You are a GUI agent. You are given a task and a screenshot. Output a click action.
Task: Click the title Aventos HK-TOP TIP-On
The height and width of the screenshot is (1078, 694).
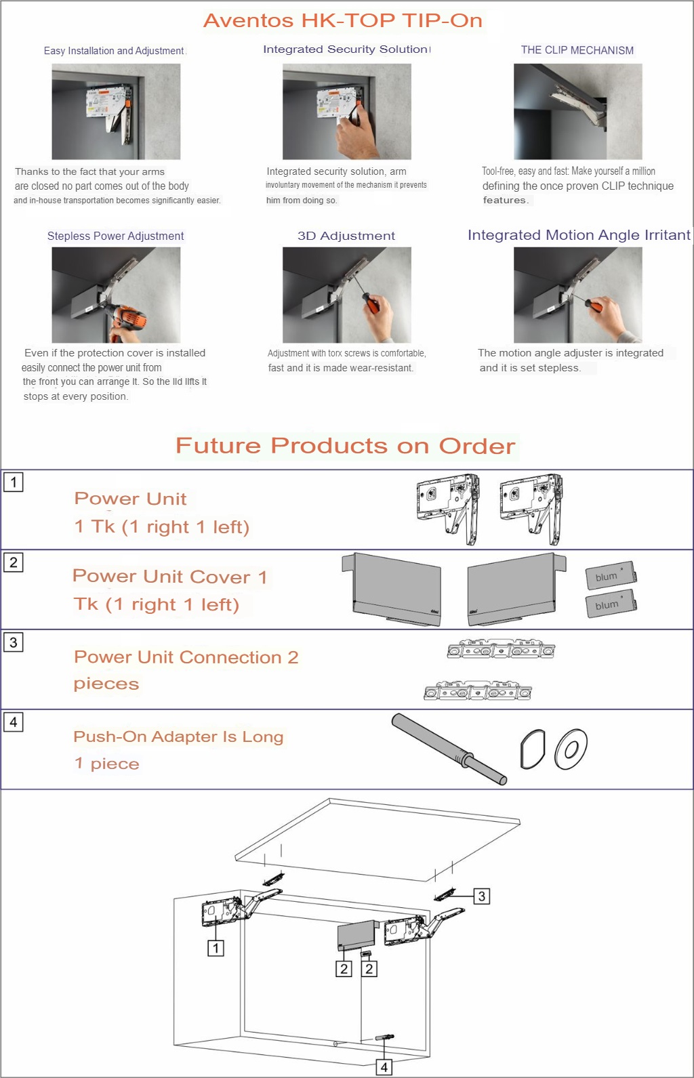point(343,21)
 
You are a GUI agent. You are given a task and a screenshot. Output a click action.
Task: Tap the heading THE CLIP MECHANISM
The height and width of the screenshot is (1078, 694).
point(577,50)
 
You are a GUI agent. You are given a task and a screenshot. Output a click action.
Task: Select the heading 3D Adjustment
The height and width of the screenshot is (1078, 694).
point(346,236)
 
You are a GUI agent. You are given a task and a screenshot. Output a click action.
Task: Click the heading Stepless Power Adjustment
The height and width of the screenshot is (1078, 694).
point(115,236)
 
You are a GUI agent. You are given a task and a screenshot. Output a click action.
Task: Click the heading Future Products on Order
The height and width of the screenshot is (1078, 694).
point(346,446)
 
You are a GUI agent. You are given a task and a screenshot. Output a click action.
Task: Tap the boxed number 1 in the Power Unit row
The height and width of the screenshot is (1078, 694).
point(14,482)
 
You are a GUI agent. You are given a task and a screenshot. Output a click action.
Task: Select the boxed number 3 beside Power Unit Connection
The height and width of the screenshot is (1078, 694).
point(14,642)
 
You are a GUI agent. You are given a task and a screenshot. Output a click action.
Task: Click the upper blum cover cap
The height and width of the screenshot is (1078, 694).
point(611,575)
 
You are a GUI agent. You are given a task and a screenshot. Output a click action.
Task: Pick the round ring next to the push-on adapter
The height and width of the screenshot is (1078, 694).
point(571,749)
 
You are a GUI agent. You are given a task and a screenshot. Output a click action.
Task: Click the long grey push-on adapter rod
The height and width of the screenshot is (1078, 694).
point(449,749)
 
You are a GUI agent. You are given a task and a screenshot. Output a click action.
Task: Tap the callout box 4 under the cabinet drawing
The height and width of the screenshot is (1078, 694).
point(384,1067)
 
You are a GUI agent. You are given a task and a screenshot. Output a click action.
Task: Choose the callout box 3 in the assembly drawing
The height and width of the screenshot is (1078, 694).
point(482,896)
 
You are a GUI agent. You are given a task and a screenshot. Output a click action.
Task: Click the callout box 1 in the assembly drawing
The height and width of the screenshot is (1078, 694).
point(216,948)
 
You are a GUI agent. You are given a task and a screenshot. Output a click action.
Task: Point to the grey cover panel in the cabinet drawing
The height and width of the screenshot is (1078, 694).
point(356,935)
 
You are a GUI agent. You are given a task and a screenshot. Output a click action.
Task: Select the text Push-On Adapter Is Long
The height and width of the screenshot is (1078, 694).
point(178,737)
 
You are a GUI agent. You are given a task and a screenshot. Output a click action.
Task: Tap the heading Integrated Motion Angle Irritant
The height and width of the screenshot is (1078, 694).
point(579,235)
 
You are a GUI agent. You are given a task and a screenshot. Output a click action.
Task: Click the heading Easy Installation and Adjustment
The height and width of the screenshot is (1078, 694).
point(114,51)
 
